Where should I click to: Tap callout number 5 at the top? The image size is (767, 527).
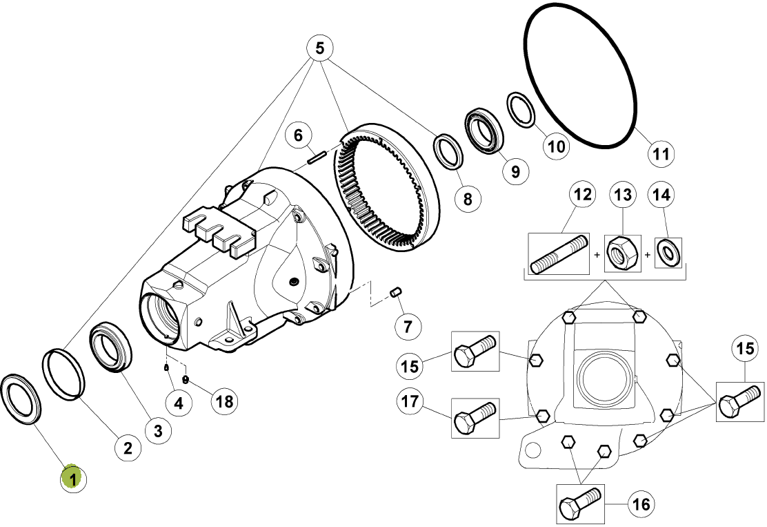click(319, 48)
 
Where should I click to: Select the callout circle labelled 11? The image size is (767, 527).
click(661, 154)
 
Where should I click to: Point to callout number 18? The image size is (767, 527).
click(224, 401)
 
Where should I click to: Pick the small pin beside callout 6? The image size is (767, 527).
click(317, 158)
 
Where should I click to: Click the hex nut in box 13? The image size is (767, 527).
click(623, 253)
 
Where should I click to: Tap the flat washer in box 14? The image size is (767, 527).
click(668, 251)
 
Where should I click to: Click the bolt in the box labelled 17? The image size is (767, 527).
click(475, 417)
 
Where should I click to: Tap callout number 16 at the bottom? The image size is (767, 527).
click(641, 504)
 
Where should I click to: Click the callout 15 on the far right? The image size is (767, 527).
click(745, 348)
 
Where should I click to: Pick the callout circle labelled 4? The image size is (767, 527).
click(179, 403)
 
